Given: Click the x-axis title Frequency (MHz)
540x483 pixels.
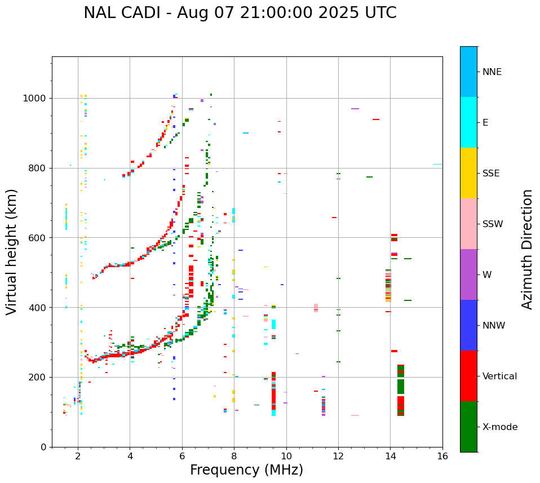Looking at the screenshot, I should point(246,470).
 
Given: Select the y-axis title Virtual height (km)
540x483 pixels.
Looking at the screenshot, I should point(12,251).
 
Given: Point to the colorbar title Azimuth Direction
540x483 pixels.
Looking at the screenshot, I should point(527,249).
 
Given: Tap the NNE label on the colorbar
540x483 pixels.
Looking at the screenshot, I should point(492,72).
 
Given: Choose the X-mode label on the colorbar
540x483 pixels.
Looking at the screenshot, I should point(499,427).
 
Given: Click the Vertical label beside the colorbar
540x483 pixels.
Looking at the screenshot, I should point(499,376).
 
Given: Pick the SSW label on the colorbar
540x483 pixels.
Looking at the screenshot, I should point(493,224).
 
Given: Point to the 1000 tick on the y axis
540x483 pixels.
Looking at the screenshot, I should point(36,99).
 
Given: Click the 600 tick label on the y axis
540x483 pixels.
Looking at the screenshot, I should point(38,238).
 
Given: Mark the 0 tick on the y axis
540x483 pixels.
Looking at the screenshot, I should point(44,447).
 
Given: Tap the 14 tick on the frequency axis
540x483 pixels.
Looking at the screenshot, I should point(390,457).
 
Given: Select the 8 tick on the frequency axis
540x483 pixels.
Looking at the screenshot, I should point(234,457).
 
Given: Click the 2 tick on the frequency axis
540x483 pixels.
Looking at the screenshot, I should point(78,457).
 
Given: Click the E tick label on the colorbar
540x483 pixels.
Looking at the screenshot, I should point(485,123).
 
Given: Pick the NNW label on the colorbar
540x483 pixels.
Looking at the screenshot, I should point(494,326).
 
